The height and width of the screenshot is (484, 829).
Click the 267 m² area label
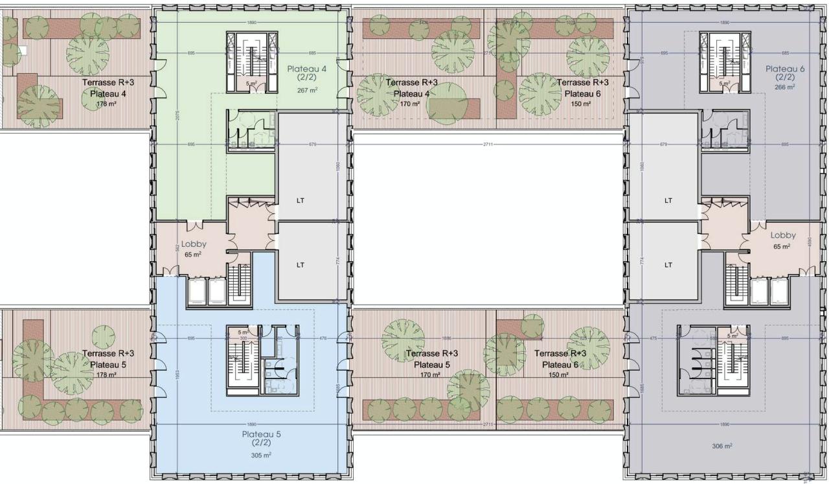click(x=308, y=91)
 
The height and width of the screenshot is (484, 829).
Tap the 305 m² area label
click(x=261, y=455)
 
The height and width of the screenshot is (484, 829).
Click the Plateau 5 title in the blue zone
click(x=261, y=435)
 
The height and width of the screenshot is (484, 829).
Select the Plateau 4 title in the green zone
click(x=306, y=69)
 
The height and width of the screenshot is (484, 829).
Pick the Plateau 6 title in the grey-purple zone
click(x=785, y=69)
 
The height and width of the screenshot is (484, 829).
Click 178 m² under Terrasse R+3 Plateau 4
click(x=106, y=104)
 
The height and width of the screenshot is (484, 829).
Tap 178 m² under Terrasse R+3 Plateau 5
click(x=106, y=375)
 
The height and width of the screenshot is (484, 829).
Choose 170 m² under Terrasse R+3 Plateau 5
click(x=430, y=375)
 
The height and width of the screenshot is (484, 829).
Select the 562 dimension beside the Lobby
click(x=177, y=247)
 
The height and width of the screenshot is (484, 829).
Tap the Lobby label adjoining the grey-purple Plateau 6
click(x=782, y=236)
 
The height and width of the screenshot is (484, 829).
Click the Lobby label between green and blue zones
click(x=194, y=244)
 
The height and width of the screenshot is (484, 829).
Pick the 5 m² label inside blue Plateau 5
click(x=243, y=332)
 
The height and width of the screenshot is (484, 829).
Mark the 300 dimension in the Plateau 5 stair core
click(x=244, y=338)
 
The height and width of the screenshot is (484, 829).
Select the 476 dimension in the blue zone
click(x=323, y=338)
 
